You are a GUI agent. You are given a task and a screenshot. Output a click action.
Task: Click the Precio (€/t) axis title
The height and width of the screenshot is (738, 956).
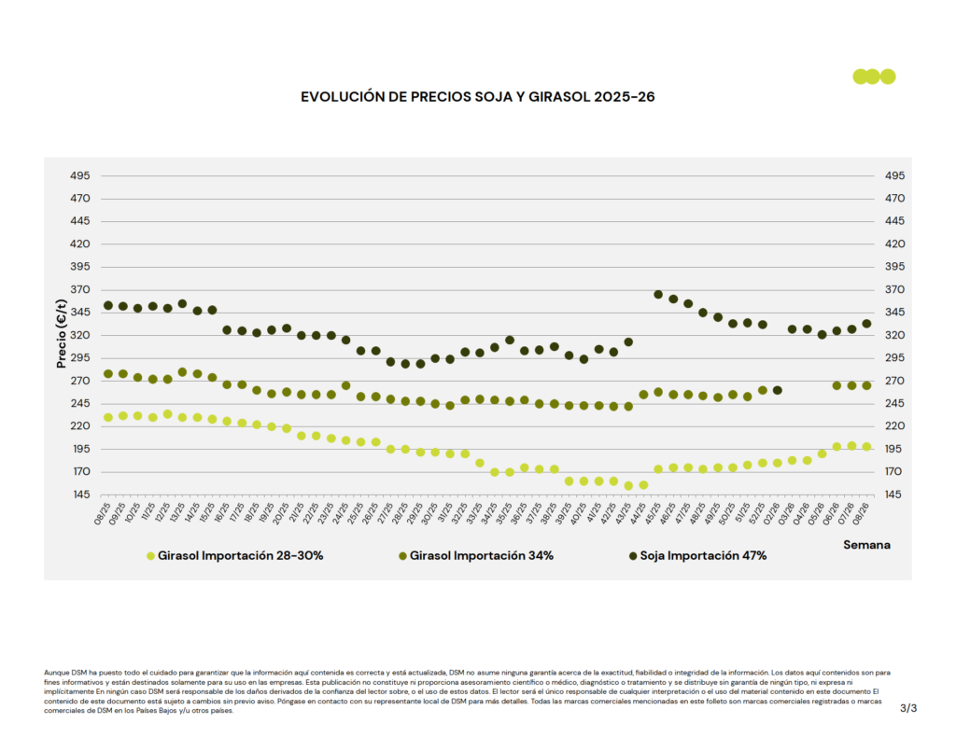coord(62,335)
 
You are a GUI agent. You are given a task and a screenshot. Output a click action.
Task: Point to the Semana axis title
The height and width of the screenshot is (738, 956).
coord(866,544)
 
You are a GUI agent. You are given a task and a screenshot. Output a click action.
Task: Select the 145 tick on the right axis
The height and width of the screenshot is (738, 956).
coord(894,494)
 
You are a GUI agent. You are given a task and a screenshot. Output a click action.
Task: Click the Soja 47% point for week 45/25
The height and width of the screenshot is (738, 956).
coord(658,295)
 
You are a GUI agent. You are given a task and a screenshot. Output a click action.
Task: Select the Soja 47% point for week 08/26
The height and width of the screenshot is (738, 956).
coord(866,324)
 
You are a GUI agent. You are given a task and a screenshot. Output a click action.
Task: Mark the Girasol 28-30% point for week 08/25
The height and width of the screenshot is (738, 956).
coord(108,418)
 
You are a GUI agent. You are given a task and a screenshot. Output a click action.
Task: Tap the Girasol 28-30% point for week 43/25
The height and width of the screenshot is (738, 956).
coord(628,486)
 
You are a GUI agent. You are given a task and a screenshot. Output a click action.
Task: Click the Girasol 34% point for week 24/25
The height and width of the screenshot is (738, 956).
coord(345,385)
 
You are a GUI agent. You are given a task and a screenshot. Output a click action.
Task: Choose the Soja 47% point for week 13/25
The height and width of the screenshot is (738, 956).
coord(182,304)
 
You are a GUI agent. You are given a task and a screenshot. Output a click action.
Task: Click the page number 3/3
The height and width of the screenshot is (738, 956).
coord(908,709)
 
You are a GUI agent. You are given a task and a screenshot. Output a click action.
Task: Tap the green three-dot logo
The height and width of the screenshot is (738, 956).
coord(874,77)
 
